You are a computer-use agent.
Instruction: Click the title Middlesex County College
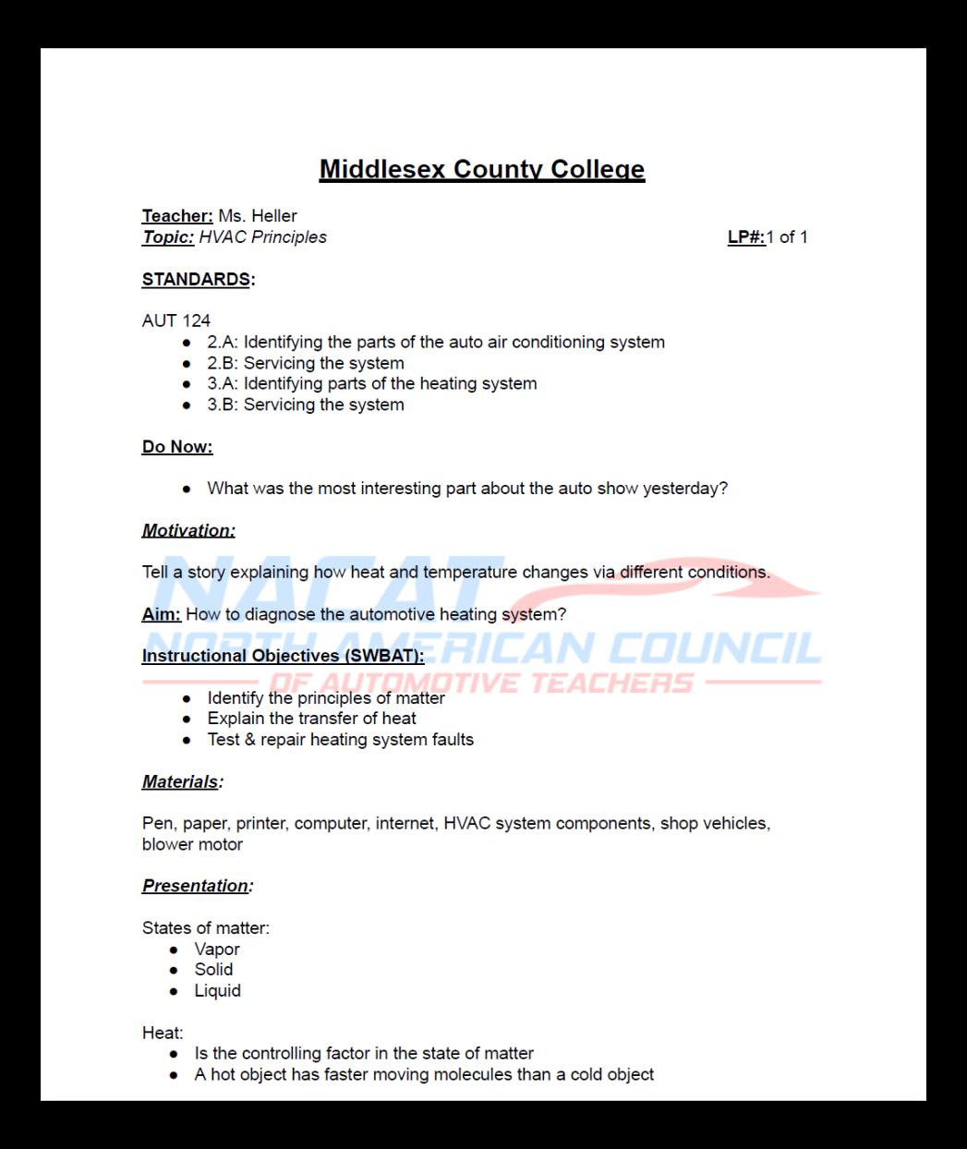point(481,169)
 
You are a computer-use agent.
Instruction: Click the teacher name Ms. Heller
point(257,216)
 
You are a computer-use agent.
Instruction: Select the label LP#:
point(746,237)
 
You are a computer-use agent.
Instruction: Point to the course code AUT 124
point(176,321)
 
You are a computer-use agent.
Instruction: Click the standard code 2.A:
point(223,343)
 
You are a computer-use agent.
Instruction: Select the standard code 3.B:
point(223,405)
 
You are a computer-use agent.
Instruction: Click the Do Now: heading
point(177,447)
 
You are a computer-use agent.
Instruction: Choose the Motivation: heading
point(188,530)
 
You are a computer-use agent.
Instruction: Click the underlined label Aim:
point(161,614)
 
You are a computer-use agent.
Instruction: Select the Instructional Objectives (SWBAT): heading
point(283,656)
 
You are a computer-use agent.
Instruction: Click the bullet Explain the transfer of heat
point(311,719)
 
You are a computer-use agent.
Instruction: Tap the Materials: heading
point(182,781)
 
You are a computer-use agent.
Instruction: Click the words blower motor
point(192,844)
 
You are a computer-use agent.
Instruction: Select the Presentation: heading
point(197,886)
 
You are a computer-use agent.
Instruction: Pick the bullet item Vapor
point(217,949)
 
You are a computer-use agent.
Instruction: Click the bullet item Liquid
point(217,991)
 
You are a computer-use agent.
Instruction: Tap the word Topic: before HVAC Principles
point(168,237)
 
